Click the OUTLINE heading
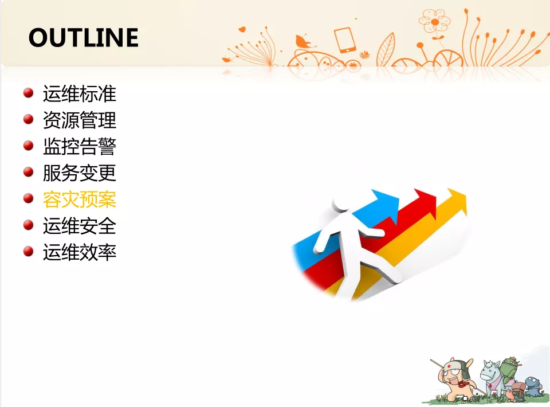point(84,37)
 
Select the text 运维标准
point(80,94)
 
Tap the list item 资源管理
point(80,120)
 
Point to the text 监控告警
point(80,147)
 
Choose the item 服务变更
point(80,173)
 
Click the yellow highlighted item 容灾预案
point(80,199)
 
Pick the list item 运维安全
point(80,226)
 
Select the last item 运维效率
point(80,252)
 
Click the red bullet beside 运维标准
point(29,93)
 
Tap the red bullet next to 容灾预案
point(29,198)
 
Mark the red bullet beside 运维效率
point(29,251)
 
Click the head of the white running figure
point(340,205)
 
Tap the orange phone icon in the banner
point(344,40)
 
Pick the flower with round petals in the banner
point(434,21)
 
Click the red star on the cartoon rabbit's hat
point(449,367)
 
